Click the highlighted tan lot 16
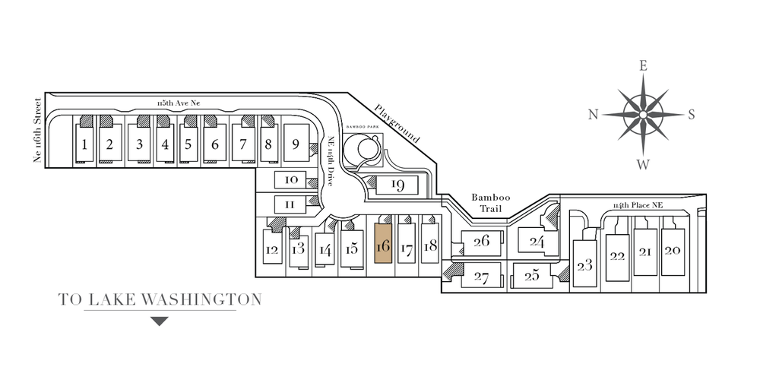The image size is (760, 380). coord(383,245)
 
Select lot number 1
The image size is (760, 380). coord(85,144)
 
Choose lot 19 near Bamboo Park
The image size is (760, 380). coord(397,185)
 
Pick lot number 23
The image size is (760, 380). coord(584,264)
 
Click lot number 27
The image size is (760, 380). coord(480,277)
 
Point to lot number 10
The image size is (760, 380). coord(290,180)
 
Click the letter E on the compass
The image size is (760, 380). coord(643,66)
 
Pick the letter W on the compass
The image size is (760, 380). coord(643,163)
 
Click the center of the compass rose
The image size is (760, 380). coord(643,115)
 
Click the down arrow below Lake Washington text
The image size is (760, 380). coord(159,321)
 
